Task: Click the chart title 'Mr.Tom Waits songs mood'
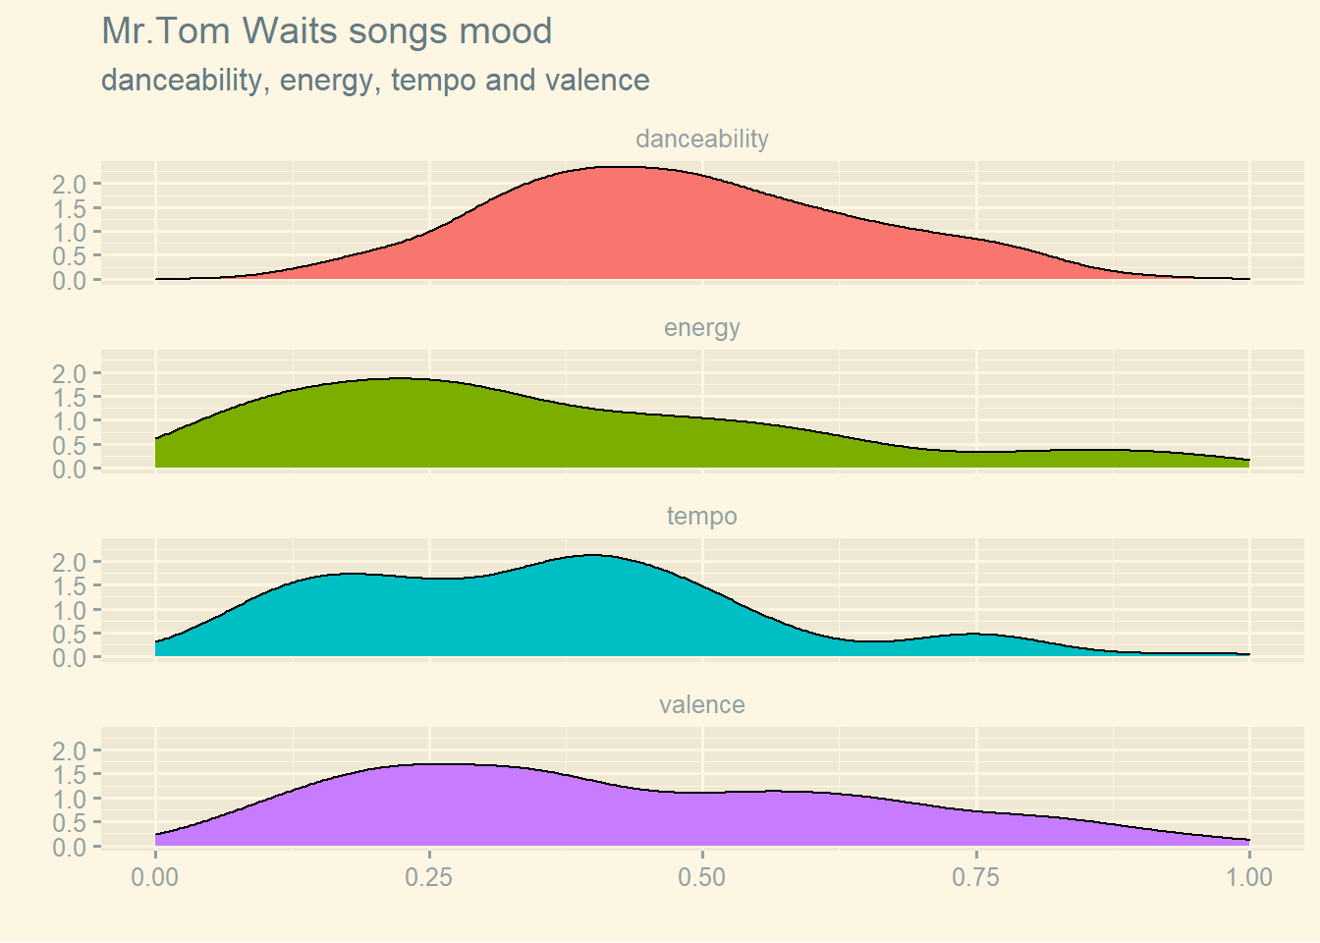tap(326, 31)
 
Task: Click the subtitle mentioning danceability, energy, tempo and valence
tap(375, 81)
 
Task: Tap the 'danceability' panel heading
tap(701, 139)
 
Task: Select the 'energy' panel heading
tap(701, 327)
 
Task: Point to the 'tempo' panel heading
tap(701, 516)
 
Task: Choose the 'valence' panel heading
tap(701, 704)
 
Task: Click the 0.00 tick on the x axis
tap(155, 876)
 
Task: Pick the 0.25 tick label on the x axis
tap(428, 876)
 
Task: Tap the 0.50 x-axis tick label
tap(701, 876)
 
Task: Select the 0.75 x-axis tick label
tap(975, 876)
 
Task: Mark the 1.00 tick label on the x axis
tap(1248, 876)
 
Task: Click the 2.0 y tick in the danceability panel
tap(70, 185)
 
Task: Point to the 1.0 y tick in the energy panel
tap(70, 421)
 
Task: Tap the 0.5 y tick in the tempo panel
tap(70, 634)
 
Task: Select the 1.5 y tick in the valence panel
tap(70, 774)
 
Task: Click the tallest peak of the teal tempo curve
tap(594, 556)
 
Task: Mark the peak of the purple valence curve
tap(442, 764)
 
